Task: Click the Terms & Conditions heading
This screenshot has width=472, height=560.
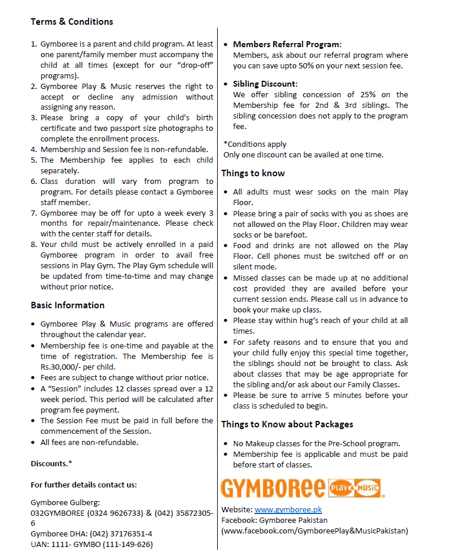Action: point(71,22)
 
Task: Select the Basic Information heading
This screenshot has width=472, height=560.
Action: point(67,305)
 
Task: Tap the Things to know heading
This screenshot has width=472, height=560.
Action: point(253,173)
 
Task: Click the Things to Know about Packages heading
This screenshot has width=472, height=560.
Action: point(287,424)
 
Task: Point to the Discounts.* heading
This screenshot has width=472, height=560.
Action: point(51,464)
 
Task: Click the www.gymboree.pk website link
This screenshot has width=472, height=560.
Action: point(288,509)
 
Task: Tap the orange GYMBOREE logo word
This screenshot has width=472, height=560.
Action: point(273,489)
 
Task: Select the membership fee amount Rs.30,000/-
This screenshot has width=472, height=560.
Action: point(57,367)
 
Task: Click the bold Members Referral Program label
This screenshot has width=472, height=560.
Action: point(287,44)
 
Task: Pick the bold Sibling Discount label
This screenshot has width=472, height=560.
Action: point(265,84)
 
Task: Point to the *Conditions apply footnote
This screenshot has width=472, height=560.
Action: point(255,144)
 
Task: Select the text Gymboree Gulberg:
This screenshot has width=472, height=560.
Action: point(65,502)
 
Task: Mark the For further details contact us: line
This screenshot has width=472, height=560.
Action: point(84,485)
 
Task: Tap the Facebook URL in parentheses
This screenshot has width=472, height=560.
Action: point(314,531)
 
